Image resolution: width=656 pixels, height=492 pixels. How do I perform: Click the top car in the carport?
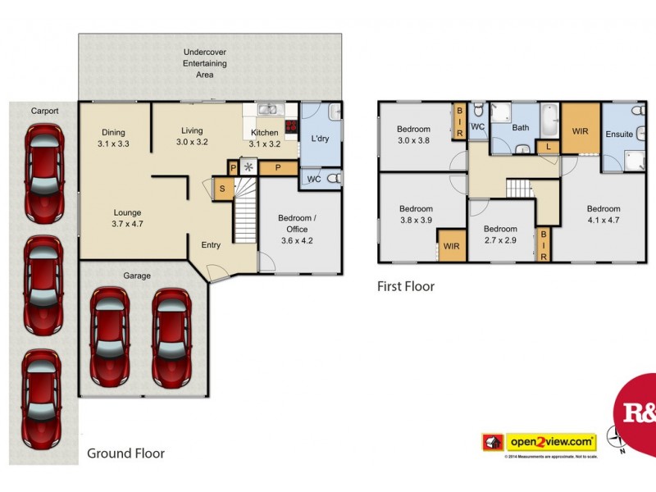pyautogui.click(x=45, y=173)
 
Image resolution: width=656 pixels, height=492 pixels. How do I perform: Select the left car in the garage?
pyautogui.click(x=110, y=336)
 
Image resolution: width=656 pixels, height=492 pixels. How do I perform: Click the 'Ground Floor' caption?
pyautogui.click(x=126, y=453)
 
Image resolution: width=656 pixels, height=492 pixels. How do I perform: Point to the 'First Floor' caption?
pyautogui.click(x=405, y=286)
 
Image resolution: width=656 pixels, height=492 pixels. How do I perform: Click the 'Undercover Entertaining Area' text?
pyautogui.click(x=205, y=64)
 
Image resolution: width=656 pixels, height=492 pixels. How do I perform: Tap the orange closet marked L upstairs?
pyautogui.click(x=548, y=147)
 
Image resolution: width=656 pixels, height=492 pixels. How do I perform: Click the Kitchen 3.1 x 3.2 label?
pyautogui.click(x=265, y=138)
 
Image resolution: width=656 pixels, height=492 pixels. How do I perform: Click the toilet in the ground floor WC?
pyautogui.click(x=332, y=179)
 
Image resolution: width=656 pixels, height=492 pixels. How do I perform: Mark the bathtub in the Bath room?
pyautogui.click(x=549, y=116)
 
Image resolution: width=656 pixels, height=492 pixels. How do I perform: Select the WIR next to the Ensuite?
pyautogui.click(x=581, y=130)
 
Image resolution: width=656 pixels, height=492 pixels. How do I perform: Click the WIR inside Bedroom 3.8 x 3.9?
pyautogui.click(x=452, y=245)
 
